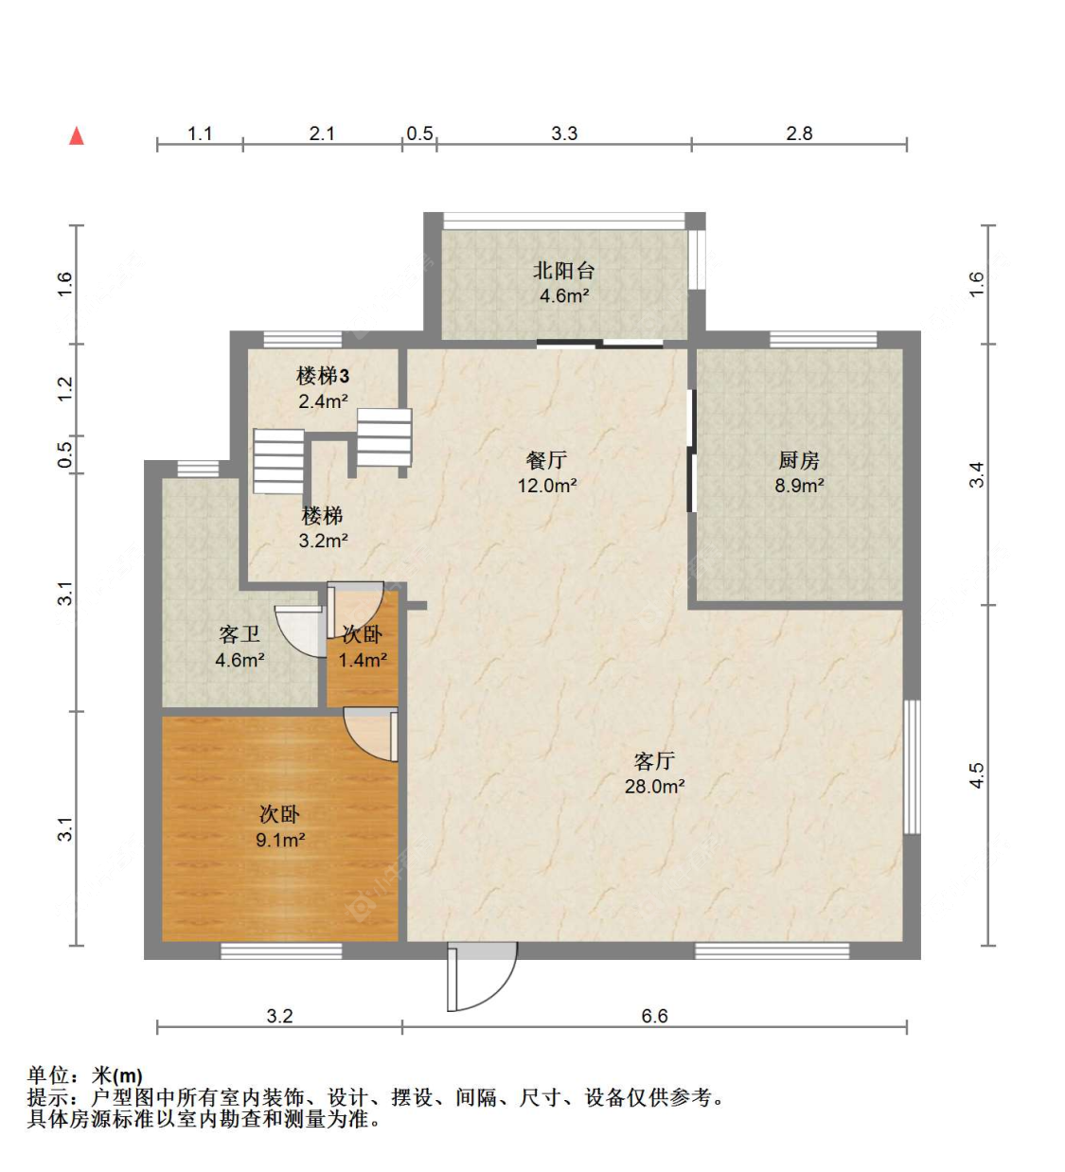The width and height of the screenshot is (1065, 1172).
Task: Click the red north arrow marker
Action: coord(77,136)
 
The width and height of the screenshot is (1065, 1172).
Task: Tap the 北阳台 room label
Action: coord(564,271)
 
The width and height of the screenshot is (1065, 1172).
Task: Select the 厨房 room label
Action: coord(799,461)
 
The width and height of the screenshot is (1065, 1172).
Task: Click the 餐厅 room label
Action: coord(546,461)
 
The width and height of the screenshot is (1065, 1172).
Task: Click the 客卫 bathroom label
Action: coord(239,634)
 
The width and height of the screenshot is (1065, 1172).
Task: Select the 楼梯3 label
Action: coord(323,377)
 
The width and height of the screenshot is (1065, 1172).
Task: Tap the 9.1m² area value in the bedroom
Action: coord(280,840)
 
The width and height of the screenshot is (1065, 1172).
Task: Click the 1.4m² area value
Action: coord(363,660)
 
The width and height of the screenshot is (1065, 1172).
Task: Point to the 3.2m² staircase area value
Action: coord(323,542)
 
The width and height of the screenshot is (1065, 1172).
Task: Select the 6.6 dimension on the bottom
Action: coord(654,1016)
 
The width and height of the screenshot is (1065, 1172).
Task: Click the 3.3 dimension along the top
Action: coord(564,133)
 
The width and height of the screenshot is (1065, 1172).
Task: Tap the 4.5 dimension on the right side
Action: coord(976,775)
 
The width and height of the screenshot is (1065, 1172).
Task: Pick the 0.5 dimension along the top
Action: coord(419,133)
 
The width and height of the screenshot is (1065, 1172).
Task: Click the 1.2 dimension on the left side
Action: coord(64,389)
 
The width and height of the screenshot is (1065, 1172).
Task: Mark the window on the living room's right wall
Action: coord(911,767)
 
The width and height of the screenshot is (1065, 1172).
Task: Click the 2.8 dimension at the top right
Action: coord(799,133)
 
